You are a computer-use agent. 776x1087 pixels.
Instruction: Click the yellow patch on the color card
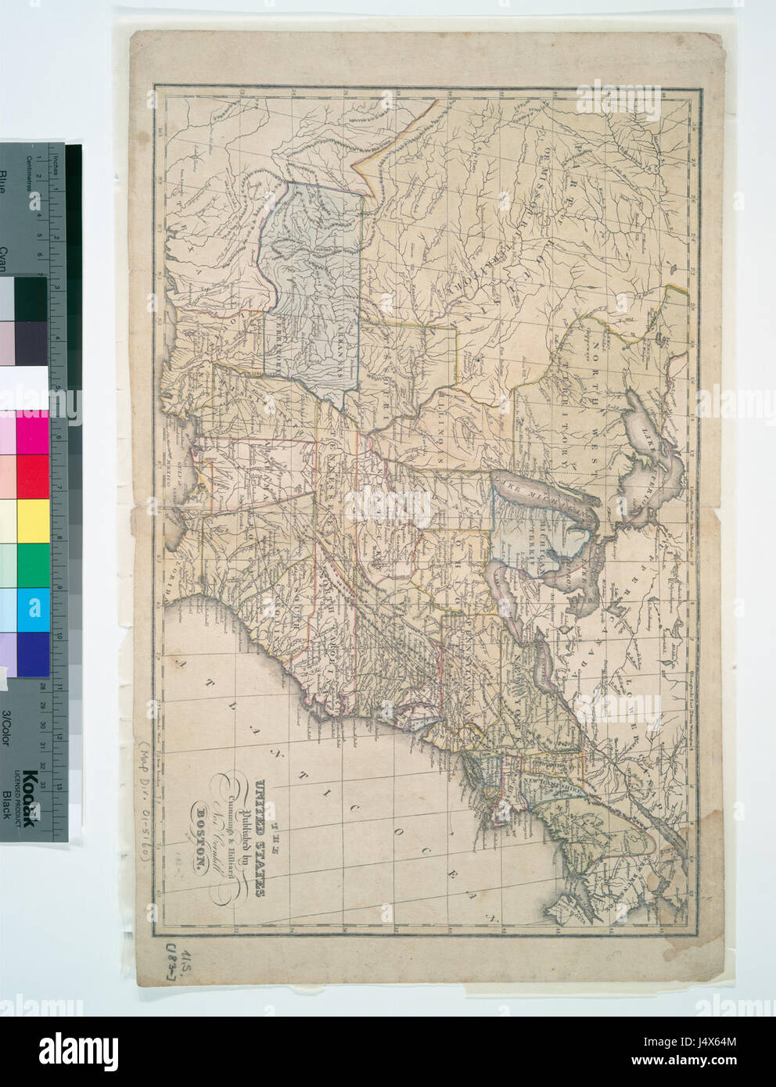[33, 519]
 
